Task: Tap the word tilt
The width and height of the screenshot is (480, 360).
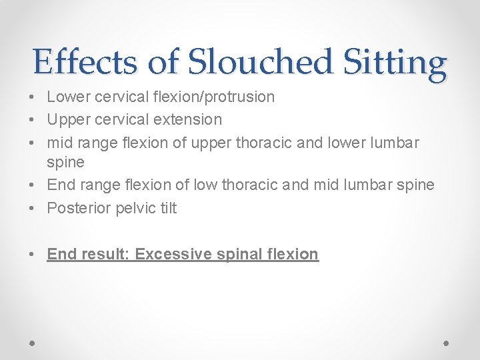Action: tap(168, 208)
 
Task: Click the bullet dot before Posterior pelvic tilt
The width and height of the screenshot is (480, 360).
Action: tap(33, 208)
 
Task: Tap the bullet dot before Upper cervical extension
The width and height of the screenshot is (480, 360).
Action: tap(33, 120)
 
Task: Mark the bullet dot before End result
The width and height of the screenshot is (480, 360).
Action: tap(33, 254)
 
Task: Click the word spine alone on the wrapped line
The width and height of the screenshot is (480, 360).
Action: tap(65, 163)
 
